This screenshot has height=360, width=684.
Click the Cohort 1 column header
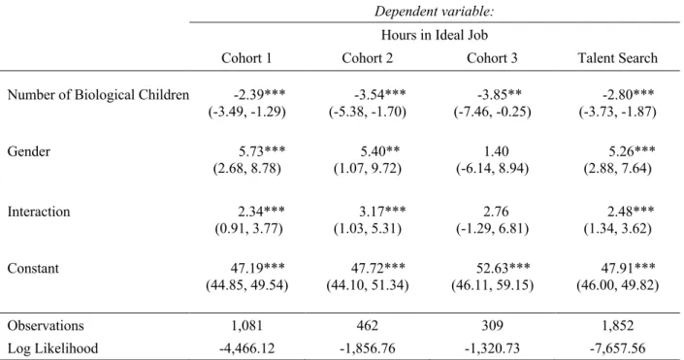pos(246,58)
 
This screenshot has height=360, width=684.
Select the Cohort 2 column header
pos(368,58)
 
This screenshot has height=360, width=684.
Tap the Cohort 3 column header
pos(492,58)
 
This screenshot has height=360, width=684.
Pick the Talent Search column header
pos(617,58)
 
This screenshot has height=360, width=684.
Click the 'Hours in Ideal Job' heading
pos(435,35)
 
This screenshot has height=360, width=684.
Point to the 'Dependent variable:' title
pos(434,12)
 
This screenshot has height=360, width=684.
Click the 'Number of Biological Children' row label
pos(98,95)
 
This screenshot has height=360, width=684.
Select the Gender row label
pos(29,151)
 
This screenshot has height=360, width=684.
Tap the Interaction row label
pos(39,212)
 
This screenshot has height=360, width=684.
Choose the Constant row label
pos(33,268)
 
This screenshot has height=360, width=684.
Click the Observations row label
pos(46,325)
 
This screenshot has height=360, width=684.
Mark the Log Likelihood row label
pos(52,348)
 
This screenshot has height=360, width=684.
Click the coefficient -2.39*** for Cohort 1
pos(260,94)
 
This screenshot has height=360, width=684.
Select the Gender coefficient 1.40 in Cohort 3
pos(496,151)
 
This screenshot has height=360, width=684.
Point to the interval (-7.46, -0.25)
pos(492,112)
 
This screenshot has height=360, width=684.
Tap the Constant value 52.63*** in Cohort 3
pos(503,268)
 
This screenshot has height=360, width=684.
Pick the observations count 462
pos(368,325)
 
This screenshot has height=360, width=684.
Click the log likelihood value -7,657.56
pos(617,348)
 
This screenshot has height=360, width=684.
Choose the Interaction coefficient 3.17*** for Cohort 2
pos(382,212)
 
